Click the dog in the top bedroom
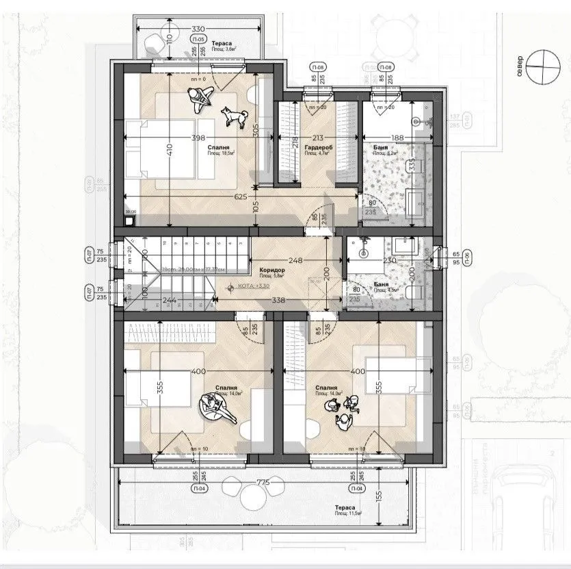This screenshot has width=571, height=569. point(234,116)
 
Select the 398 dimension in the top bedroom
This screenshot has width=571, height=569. point(199,138)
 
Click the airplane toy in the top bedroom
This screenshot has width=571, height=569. point(199,101)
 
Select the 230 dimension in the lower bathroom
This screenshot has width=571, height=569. point(390,260)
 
